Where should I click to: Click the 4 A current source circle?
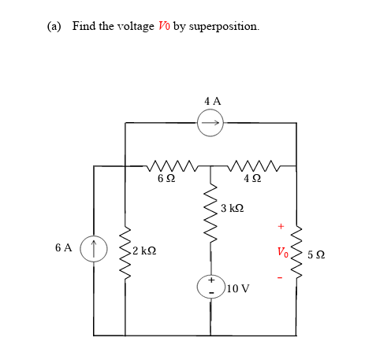pos(211,121)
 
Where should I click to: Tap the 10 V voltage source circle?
pos(211,286)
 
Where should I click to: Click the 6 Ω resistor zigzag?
pos(167,165)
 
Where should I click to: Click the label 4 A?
pos(212,101)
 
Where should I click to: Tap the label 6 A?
pos(64,248)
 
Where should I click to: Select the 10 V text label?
pos(237,289)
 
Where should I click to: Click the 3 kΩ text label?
pos(234,209)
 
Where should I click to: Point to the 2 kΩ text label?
pos(145,251)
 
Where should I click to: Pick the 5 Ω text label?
pos(316,254)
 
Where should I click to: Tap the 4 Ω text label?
pos(251,180)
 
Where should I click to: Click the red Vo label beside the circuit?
pos(281,253)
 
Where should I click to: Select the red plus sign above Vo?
pos(279,228)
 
